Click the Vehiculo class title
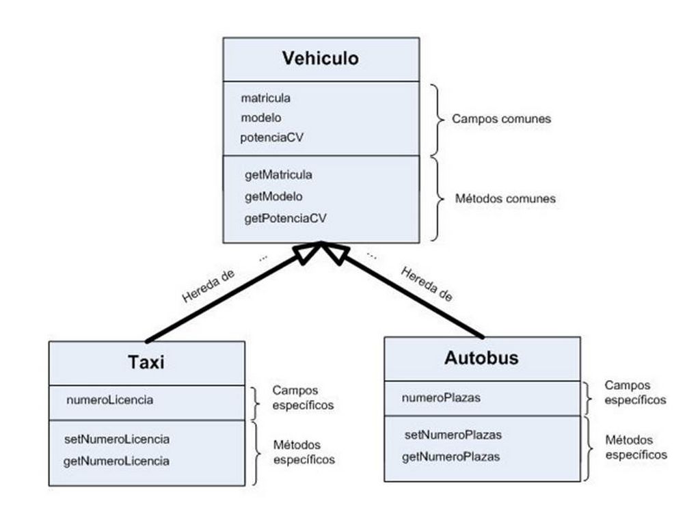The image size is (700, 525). (320, 59)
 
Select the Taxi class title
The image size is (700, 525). (146, 362)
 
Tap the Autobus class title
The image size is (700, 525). (481, 358)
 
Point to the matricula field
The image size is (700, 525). (265, 98)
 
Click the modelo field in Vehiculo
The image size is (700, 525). (261, 118)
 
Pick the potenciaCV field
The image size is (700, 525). (272, 137)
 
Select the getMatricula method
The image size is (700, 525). (278, 175)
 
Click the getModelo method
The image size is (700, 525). (273, 197)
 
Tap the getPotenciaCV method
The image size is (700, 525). (285, 219)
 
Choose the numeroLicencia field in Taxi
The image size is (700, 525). (109, 400)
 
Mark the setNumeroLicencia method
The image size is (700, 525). (117, 439)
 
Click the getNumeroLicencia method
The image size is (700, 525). (116, 461)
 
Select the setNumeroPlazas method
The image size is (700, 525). (453, 435)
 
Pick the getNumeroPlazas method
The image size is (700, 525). (450, 456)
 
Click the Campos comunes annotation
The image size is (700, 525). (501, 119)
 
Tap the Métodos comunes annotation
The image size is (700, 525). (505, 199)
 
